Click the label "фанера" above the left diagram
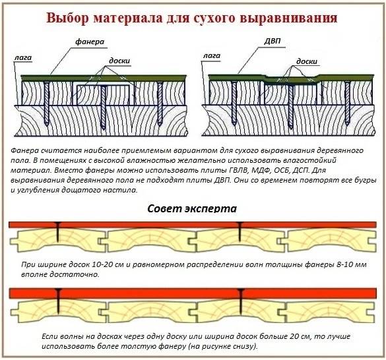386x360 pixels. (x=90, y=42)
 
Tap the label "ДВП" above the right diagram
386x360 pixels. (x=273, y=40)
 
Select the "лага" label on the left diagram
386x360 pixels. (x=23, y=58)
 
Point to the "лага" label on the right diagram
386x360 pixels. (x=211, y=56)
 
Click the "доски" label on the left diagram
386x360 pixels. (x=119, y=61)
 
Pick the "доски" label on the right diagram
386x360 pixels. (x=307, y=61)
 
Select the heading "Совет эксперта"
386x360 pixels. (x=192, y=208)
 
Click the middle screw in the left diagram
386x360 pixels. (x=104, y=107)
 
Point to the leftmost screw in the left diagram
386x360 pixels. (x=47, y=104)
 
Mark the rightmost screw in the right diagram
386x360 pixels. (x=348, y=103)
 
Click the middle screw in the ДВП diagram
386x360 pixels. (x=291, y=107)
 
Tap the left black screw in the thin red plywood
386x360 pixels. (x=58, y=231)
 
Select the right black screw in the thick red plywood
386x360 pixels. (x=241, y=299)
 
